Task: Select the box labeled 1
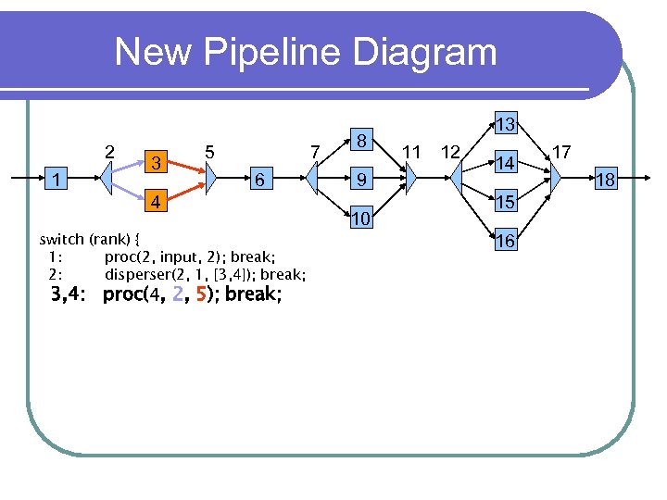point(58,179)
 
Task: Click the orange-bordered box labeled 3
point(157,163)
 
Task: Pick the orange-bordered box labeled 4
point(157,201)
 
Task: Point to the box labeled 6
point(262,180)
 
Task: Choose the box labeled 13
point(505,124)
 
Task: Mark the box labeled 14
point(505,163)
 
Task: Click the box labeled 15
point(505,202)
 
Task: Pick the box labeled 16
point(505,241)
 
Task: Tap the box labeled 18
point(605,180)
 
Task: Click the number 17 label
point(561,150)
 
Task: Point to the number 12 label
point(451,150)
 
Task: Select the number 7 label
point(315,150)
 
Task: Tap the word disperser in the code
point(138,275)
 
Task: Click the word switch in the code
point(61,239)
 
